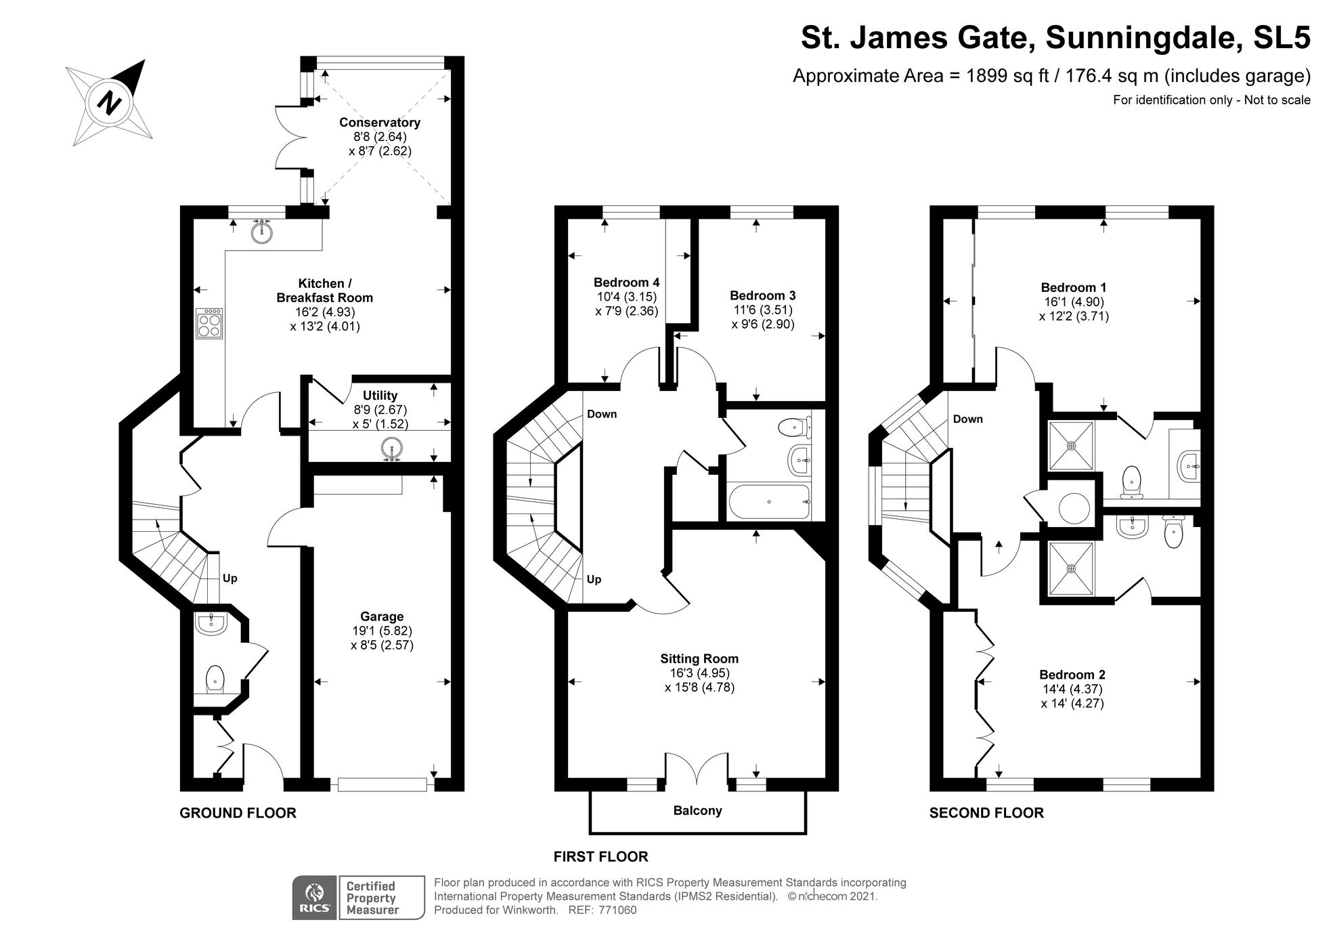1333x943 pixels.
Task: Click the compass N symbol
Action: pos(109,103)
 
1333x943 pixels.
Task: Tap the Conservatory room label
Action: pos(379,123)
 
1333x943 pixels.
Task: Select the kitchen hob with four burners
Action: pos(209,323)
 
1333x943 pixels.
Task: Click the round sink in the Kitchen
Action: pos(261,233)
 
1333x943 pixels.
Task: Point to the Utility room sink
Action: pos(392,448)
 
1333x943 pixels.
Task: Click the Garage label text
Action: pos(382,616)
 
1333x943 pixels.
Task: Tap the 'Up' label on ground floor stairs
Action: pos(230,579)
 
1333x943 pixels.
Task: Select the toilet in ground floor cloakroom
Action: pos(215,678)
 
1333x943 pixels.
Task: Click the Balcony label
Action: pos(697,811)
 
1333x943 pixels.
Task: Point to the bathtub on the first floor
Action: pos(768,502)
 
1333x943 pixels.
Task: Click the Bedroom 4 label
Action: pos(626,282)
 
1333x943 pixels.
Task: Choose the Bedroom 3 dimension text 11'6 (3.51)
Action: pos(762,310)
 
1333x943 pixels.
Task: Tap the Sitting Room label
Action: pos(699,658)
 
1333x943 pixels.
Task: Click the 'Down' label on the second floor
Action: pos(967,419)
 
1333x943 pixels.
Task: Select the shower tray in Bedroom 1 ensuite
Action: pos(1071,446)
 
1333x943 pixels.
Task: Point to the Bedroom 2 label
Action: pos(1072,675)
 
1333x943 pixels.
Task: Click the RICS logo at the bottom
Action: pos(314,898)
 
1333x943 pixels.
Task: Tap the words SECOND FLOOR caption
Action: pos(986,813)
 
